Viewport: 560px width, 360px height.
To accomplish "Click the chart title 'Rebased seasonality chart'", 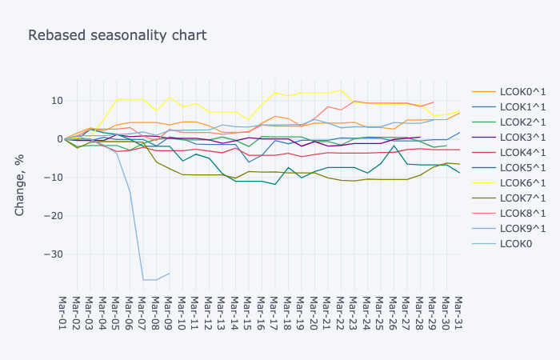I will point(118,35).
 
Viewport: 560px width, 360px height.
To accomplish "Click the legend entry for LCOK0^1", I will point(521,92).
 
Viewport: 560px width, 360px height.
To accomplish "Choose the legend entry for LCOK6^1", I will point(521,183).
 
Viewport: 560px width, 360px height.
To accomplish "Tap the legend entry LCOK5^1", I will point(521,168).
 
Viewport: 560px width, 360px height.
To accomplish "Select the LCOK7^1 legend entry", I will point(521,198).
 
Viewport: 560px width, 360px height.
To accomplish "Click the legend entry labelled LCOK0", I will point(516,244).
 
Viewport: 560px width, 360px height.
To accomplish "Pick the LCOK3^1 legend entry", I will point(521,138).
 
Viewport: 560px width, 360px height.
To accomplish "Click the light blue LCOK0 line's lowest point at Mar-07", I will point(143,280).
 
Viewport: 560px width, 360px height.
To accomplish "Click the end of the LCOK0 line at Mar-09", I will point(169,274).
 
